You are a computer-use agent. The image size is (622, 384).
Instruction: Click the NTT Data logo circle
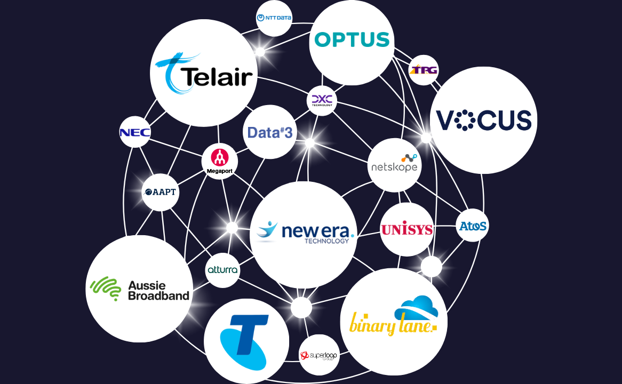[274, 18]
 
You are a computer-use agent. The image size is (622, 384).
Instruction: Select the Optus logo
[352, 40]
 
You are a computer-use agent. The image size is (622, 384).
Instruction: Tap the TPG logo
[424, 70]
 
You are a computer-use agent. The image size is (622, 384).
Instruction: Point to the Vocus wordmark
[484, 121]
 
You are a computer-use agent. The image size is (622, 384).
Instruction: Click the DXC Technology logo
[322, 100]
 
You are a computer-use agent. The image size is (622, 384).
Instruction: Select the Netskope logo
[395, 165]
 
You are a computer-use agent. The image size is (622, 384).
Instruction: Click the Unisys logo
[406, 230]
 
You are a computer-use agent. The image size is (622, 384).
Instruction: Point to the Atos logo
[473, 226]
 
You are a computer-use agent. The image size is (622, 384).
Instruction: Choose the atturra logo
[222, 270]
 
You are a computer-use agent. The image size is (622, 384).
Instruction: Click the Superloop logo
[319, 355]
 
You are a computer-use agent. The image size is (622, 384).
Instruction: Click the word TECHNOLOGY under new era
[326, 241]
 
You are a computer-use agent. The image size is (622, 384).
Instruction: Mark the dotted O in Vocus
[465, 121]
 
